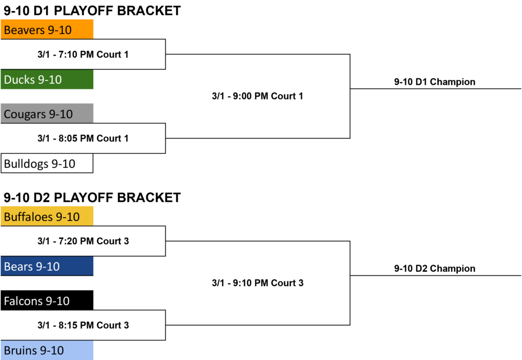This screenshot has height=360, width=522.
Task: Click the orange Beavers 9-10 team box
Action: click(47, 29)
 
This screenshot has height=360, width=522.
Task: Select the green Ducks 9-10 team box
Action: click(47, 79)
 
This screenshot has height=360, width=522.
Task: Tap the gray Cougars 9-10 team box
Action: click(47, 113)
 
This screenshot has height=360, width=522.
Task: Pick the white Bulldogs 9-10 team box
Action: click(47, 163)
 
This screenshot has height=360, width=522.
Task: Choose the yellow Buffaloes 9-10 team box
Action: click(47, 216)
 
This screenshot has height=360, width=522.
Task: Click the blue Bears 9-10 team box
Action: click(47, 266)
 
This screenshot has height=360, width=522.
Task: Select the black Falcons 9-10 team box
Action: click(47, 300)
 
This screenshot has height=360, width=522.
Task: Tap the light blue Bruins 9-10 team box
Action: click(47, 350)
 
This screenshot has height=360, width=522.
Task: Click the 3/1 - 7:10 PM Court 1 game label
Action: click(83, 54)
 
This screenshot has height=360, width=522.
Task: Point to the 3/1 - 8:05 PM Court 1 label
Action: click(83, 138)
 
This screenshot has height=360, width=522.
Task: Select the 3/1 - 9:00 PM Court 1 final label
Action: click(257, 96)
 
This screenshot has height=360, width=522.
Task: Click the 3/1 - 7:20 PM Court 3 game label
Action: click(83, 241)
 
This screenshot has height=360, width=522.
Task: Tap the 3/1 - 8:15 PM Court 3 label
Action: click(83, 325)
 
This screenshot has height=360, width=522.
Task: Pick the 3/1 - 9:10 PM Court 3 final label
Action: click(257, 282)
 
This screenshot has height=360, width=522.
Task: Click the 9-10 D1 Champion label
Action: click(435, 82)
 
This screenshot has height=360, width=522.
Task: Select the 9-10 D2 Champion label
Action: click(435, 268)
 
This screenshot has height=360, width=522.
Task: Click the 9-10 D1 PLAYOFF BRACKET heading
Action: click(92, 11)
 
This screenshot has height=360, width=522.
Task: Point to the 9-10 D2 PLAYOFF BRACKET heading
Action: click(92, 197)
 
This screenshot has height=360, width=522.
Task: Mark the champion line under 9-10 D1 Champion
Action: click(436, 89)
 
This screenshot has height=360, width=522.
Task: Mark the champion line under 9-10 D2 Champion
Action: click(436, 276)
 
